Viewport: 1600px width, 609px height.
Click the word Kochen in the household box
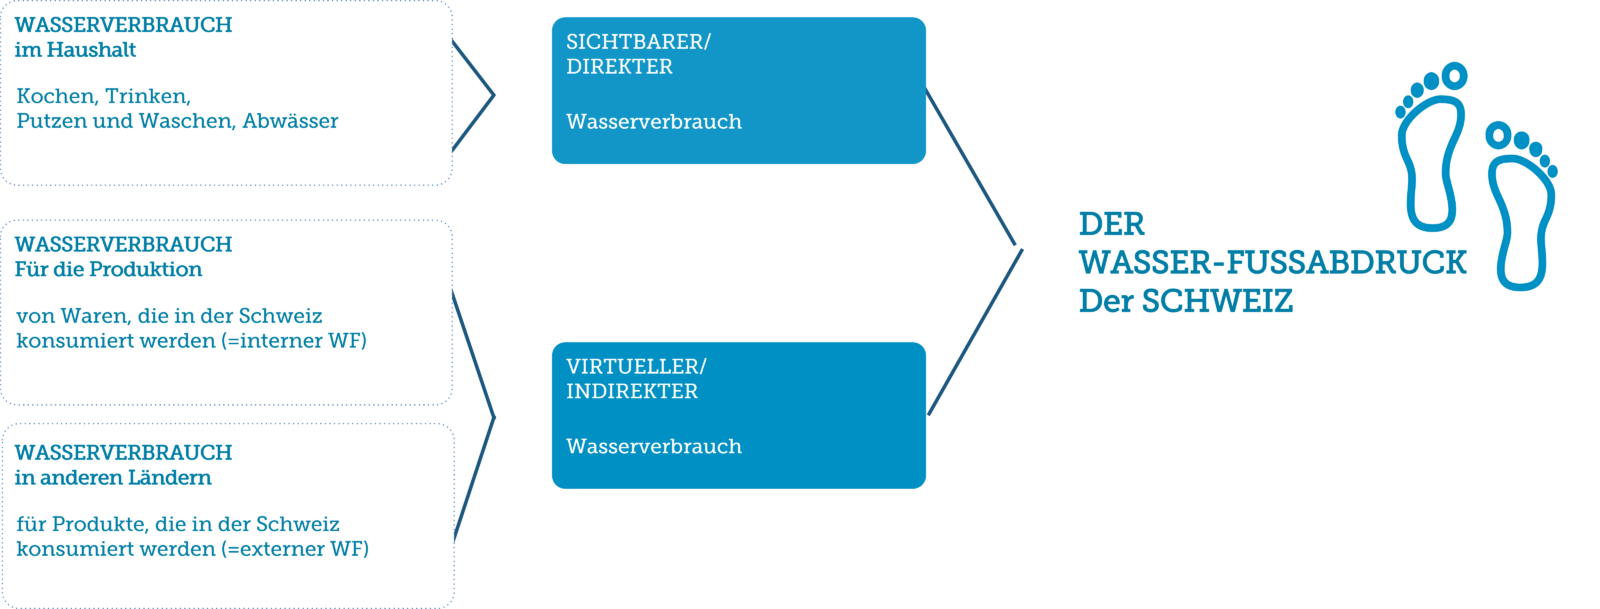56,96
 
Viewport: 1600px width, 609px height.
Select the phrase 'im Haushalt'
75,50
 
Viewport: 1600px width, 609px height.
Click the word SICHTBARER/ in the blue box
638,42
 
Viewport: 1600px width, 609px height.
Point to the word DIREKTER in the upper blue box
619,67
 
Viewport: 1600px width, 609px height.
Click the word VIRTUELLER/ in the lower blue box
636,367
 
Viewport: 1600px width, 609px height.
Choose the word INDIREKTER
632,392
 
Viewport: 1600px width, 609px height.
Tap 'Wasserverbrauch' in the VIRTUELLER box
654,446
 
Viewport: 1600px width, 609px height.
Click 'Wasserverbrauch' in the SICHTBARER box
654,122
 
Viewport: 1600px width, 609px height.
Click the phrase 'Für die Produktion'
108,269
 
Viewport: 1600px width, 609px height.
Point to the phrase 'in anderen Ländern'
113,478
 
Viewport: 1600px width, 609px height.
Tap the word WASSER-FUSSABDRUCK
1272,262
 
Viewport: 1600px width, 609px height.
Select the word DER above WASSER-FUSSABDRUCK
1111,224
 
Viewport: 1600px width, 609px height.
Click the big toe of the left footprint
1453,76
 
